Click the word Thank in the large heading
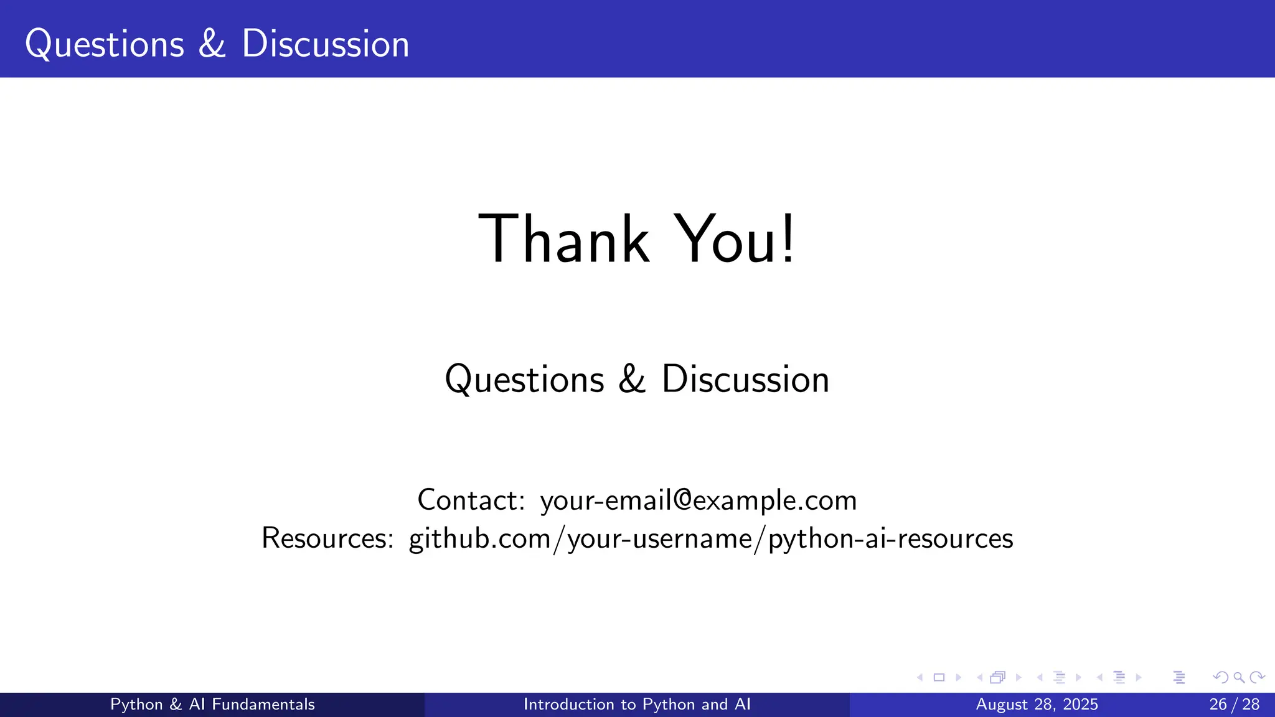point(563,240)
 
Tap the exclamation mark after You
point(788,240)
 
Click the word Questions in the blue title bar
point(105,44)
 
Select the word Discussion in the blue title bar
point(325,44)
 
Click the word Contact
point(471,500)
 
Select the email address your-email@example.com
point(699,500)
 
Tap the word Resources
point(327,538)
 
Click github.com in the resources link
point(479,538)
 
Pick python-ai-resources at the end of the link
point(890,538)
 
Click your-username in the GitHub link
point(660,538)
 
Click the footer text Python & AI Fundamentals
point(212,705)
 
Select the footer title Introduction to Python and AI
point(637,705)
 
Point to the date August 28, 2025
point(1037,705)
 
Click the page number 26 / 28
point(1234,705)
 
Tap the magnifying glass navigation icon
point(1239,678)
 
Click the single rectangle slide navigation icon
point(939,678)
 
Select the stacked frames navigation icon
point(997,678)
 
